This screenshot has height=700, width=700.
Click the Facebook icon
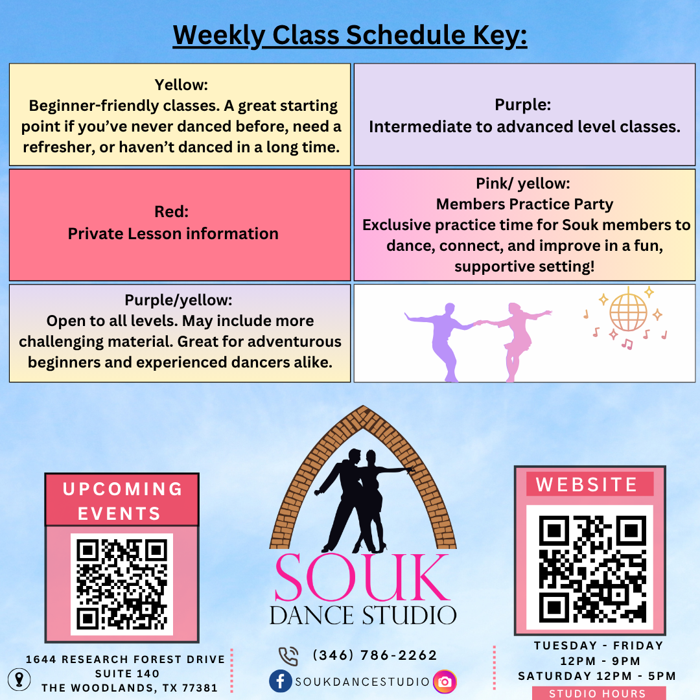point(281,681)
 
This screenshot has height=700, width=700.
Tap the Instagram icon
point(445,682)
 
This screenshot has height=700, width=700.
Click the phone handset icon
point(288,656)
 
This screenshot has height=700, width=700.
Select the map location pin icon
point(19,679)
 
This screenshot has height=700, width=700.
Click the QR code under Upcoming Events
point(122,585)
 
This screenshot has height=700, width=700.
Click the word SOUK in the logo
point(362,577)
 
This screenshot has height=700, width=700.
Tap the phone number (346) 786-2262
point(375,655)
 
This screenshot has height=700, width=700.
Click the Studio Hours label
point(598,694)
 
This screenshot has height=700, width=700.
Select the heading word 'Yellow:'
point(181,85)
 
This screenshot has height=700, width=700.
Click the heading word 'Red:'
point(171,211)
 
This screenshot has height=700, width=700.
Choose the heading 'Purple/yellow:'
point(179,301)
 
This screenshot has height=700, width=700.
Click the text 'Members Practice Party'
point(524,204)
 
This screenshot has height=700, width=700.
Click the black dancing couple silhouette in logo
point(364,500)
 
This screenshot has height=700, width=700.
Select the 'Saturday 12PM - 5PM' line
point(597,676)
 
